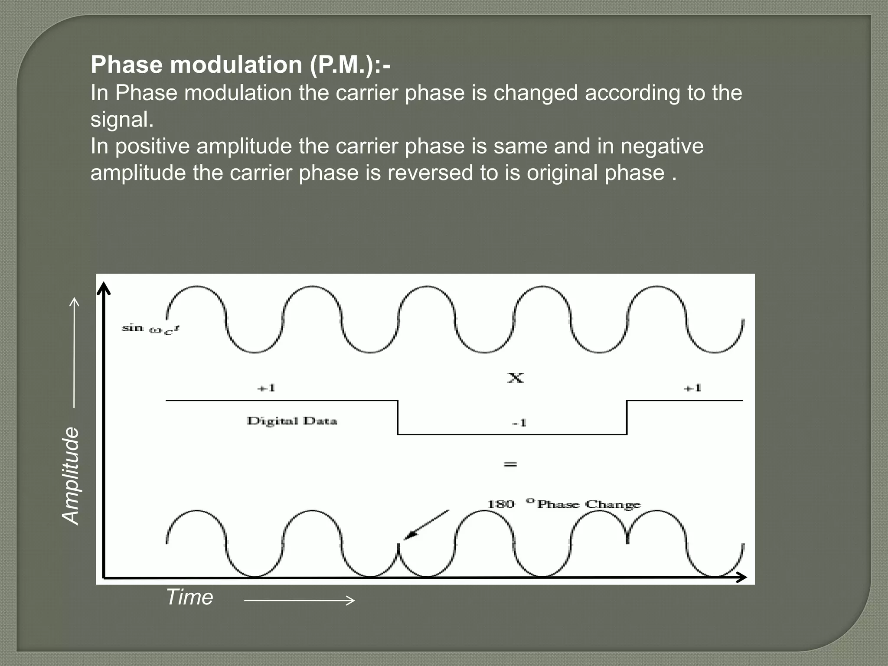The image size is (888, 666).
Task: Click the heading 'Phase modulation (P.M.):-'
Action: (x=240, y=65)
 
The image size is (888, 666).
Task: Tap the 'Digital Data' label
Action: (x=292, y=421)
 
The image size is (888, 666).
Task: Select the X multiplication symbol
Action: (x=516, y=378)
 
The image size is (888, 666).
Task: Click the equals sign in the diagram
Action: (x=510, y=464)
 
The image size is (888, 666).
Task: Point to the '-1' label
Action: (x=519, y=423)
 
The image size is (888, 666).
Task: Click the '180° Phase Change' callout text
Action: (x=564, y=504)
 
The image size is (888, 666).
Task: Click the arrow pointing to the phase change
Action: (x=425, y=526)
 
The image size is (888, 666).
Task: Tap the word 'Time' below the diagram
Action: (x=189, y=597)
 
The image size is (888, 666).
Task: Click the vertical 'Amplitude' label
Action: (x=71, y=475)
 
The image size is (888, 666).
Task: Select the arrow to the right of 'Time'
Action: (x=299, y=601)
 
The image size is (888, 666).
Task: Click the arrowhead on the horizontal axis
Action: (x=741, y=577)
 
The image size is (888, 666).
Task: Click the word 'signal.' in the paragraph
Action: (x=122, y=120)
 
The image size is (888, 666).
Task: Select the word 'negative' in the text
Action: (x=662, y=146)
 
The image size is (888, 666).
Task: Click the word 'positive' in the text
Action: (x=152, y=146)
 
